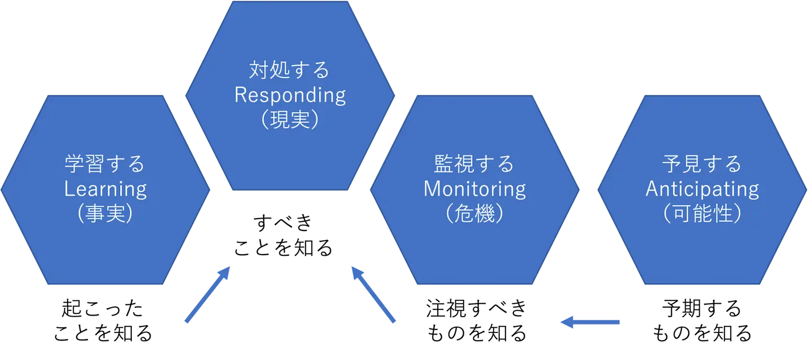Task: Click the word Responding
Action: tap(290, 95)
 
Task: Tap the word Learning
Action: tap(105, 189)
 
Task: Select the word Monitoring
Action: tap(474, 189)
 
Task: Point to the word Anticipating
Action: tap(702, 189)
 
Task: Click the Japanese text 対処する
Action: tap(290, 70)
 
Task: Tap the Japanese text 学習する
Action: tap(105, 165)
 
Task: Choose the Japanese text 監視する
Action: tap(474, 165)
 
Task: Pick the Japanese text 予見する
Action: tap(702, 165)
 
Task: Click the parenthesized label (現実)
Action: tap(290, 120)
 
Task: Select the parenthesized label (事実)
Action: tap(105, 214)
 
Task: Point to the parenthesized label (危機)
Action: tap(474, 214)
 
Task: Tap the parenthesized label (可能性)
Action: tap(702, 214)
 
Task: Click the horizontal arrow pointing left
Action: tap(591, 322)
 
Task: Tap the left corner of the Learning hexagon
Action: tap(2, 190)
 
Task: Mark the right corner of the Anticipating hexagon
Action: tap(806, 190)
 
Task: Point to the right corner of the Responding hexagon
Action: tap(395, 95)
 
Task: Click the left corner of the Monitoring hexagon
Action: tap(370, 190)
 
